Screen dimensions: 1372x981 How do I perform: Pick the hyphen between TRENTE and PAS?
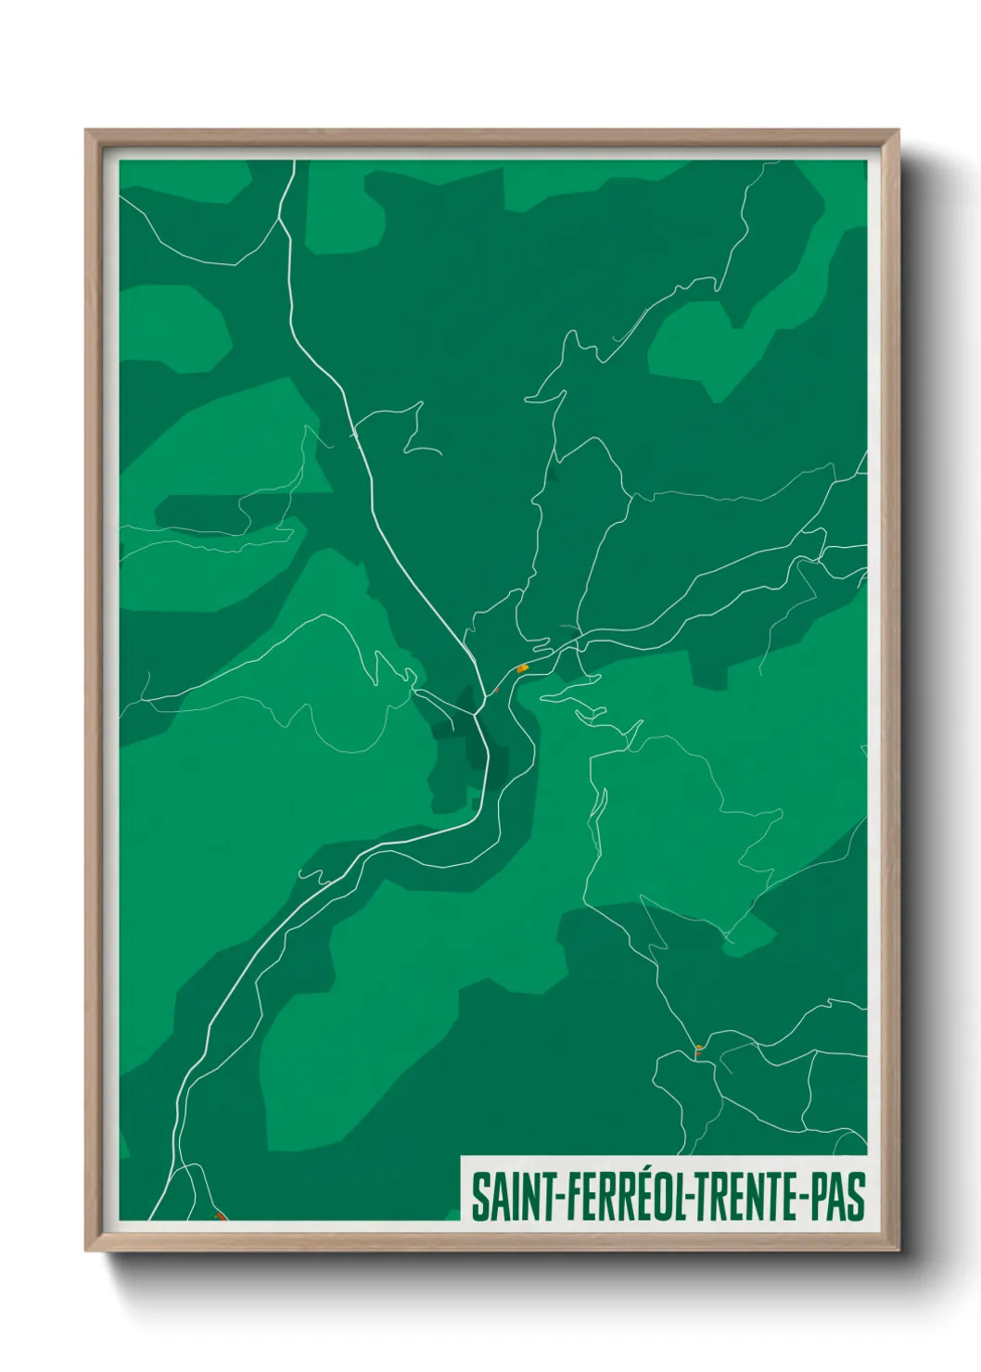pyautogui.click(x=801, y=1199)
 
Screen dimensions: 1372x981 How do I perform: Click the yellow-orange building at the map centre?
pyautogui.click(x=522, y=667)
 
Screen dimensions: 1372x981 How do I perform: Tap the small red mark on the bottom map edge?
pyautogui.click(x=219, y=1215)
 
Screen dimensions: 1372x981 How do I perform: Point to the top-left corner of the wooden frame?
pyautogui.click(x=87, y=132)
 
